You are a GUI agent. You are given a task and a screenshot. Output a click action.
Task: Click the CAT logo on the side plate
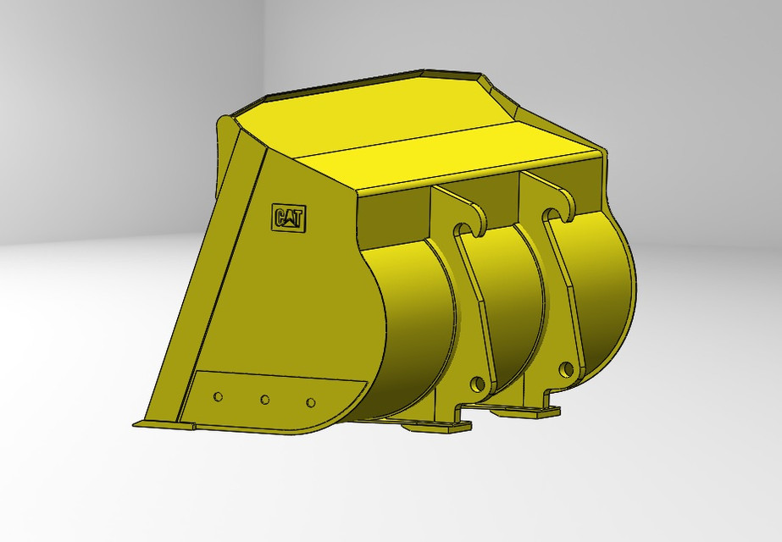pyautogui.click(x=289, y=218)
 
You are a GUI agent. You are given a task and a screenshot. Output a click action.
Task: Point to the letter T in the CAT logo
pyautogui.click(x=299, y=218)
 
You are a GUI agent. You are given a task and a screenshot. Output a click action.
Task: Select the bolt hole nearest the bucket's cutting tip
pyautogui.click(x=219, y=396)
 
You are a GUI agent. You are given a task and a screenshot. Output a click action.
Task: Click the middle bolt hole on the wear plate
pyautogui.click(x=265, y=400)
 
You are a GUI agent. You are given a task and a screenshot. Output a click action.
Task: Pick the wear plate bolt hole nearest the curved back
pyautogui.click(x=310, y=402)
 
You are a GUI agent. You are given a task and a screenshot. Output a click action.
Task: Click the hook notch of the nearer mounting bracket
pyautogui.click(x=463, y=228)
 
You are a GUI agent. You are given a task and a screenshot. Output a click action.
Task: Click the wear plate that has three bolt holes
pyautogui.click(x=271, y=398)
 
